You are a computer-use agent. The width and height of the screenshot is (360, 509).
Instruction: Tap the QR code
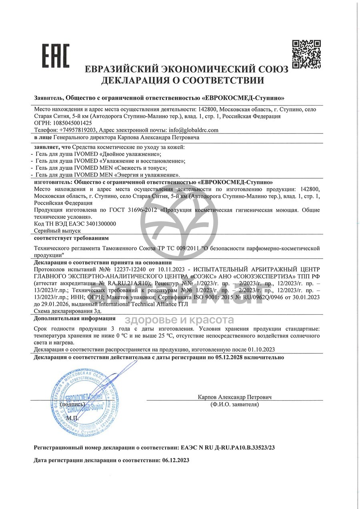click(x=306, y=54)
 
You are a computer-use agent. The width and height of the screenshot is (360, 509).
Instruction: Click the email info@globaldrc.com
click(x=194, y=130)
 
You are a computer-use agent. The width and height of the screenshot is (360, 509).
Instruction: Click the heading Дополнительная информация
click(x=75, y=318)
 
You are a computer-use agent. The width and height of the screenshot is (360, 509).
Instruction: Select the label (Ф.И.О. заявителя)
click(x=234, y=404)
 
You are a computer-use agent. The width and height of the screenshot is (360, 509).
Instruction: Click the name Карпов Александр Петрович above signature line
click(x=234, y=397)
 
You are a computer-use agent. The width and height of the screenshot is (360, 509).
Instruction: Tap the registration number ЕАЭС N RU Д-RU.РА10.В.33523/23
click(x=228, y=448)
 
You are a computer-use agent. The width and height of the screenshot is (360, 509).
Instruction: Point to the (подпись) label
click(x=72, y=404)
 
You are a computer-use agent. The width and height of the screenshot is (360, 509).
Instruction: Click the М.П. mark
click(x=73, y=418)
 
